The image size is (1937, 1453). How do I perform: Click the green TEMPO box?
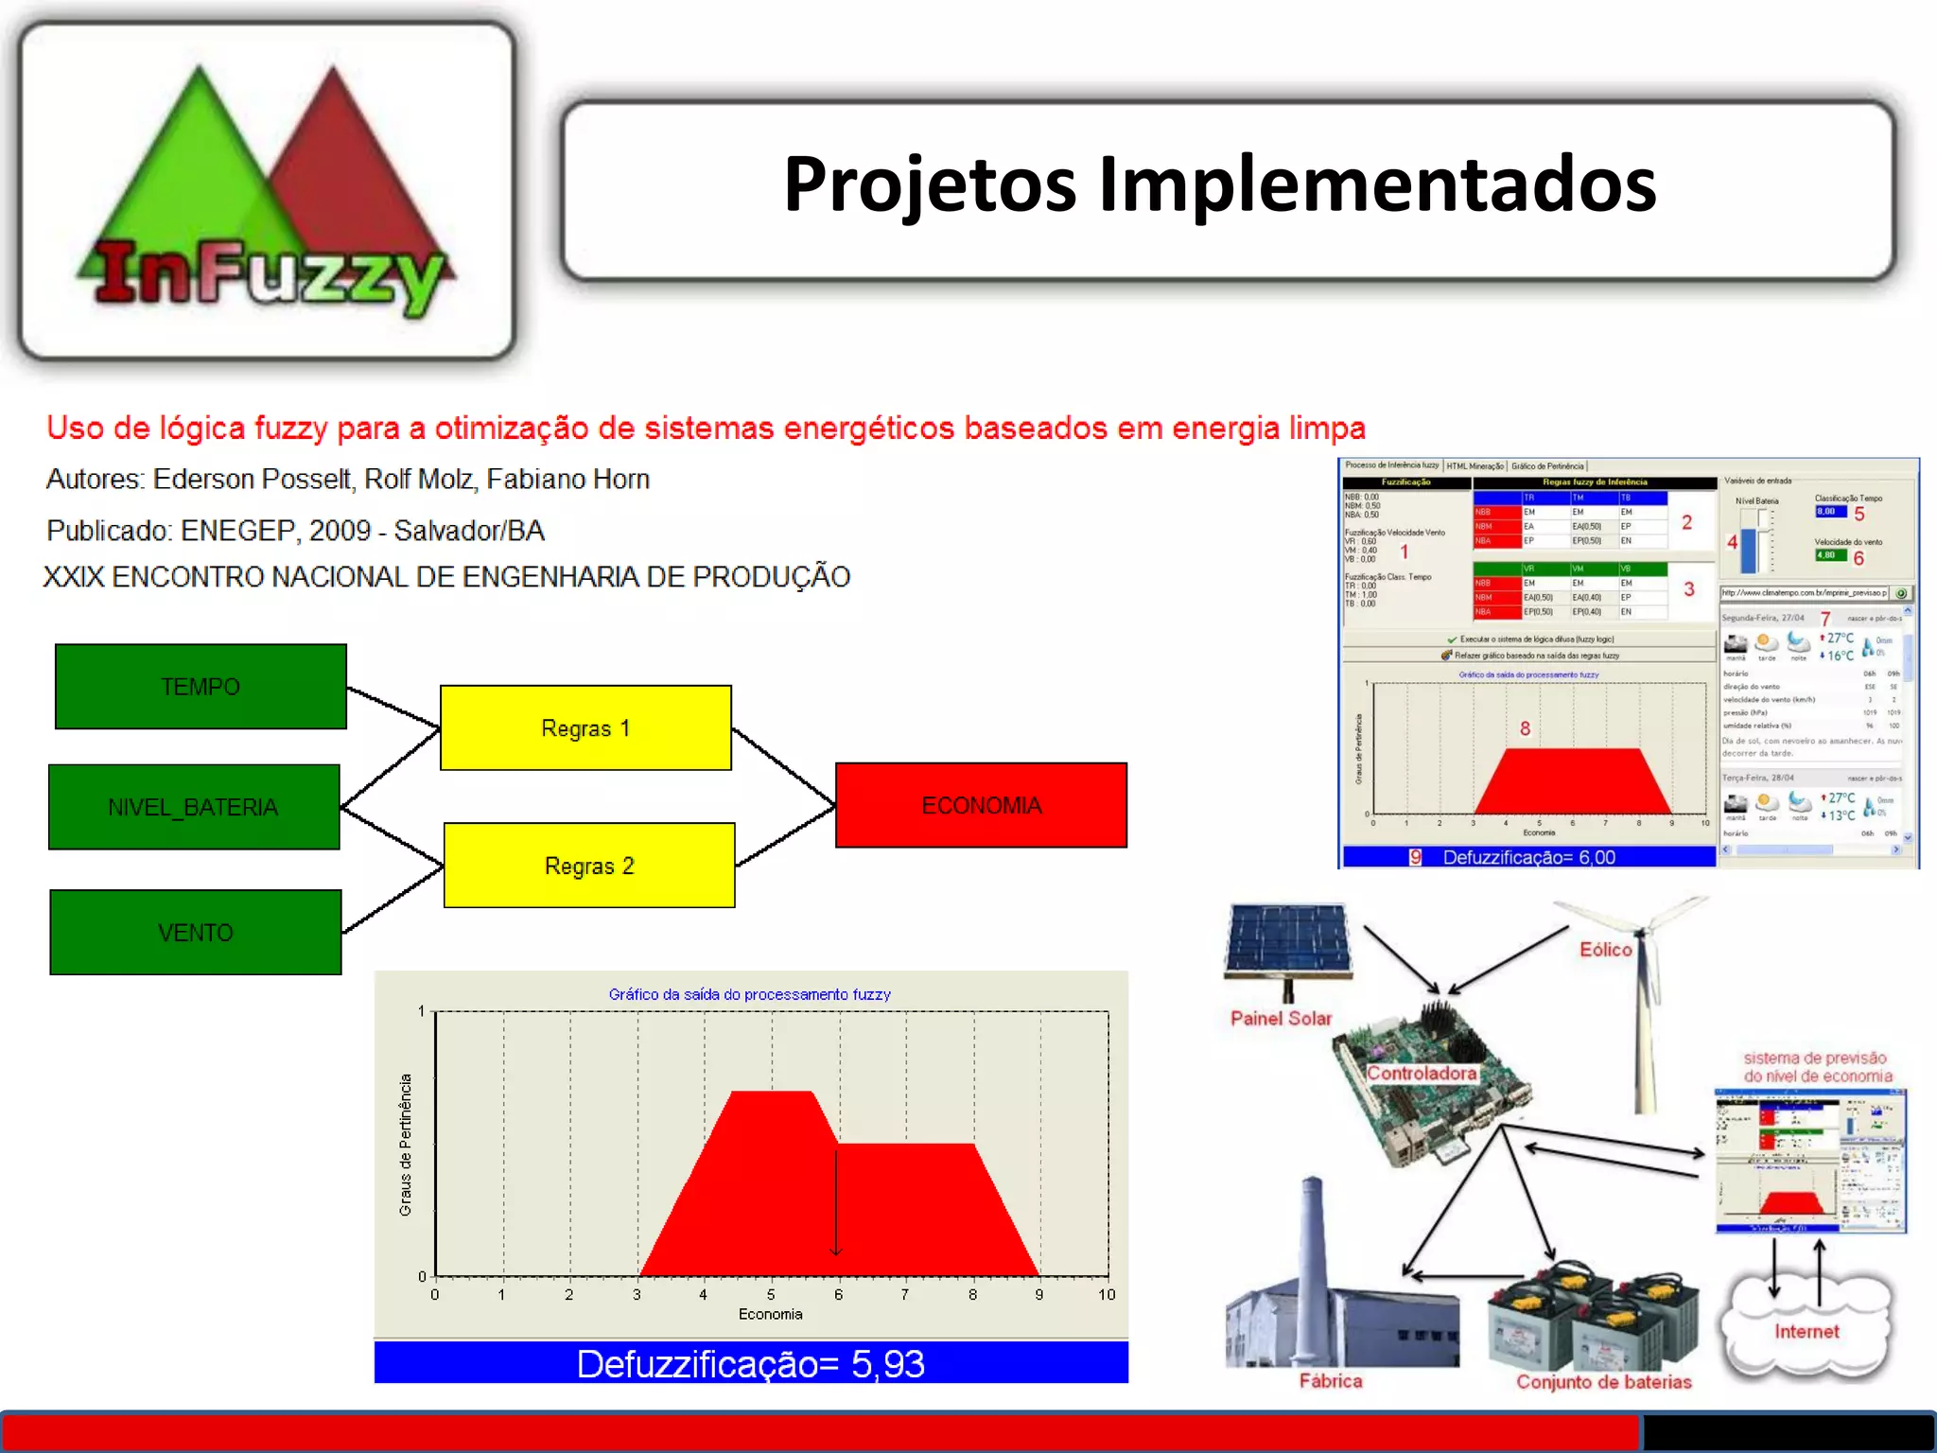click(201, 687)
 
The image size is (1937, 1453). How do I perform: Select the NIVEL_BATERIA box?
click(194, 807)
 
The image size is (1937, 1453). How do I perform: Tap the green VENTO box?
click(196, 933)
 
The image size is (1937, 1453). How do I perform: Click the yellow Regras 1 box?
click(585, 728)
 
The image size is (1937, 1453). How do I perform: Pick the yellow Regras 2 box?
click(589, 866)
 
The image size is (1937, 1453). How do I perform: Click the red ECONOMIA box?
click(981, 805)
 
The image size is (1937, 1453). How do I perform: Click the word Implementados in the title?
click(1377, 184)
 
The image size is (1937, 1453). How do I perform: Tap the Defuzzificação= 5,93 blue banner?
click(751, 1363)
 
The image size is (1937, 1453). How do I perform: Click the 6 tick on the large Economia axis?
click(838, 1295)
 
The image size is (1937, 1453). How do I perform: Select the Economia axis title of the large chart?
click(770, 1314)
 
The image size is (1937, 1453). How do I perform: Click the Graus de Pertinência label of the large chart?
click(406, 1145)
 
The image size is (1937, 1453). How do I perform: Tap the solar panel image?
click(1288, 941)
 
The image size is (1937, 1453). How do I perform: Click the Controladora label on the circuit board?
click(1421, 1074)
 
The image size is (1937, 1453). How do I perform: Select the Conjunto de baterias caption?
click(1603, 1382)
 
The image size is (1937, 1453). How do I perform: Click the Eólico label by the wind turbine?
click(1605, 950)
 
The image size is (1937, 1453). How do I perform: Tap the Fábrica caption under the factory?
click(1330, 1381)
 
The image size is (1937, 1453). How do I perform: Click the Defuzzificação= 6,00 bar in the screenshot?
click(1528, 857)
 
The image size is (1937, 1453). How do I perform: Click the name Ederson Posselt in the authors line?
click(252, 480)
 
